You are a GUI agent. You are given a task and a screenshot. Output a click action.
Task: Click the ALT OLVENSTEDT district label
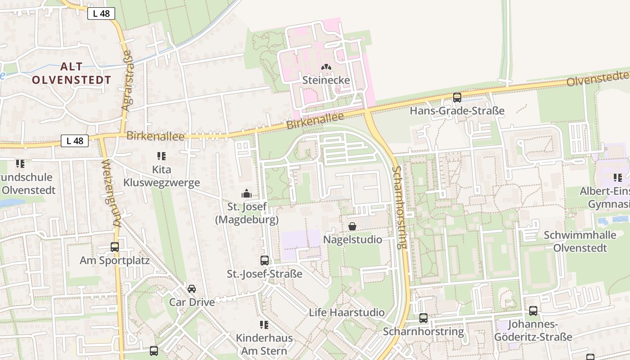click(72, 73)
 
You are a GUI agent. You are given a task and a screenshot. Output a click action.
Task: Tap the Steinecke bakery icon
click(326, 67)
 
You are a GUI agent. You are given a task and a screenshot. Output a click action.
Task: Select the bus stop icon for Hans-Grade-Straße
click(457, 98)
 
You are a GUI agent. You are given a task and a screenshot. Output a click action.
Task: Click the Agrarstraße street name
click(127, 80)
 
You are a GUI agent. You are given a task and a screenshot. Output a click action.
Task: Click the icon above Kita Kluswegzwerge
click(162, 156)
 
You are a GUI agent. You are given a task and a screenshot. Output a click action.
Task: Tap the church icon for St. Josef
click(247, 193)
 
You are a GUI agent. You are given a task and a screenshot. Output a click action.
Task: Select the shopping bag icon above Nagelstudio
click(352, 226)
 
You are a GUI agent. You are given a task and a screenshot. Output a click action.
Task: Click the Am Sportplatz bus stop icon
click(115, 247)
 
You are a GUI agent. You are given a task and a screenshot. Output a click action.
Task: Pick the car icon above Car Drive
click(192, 288)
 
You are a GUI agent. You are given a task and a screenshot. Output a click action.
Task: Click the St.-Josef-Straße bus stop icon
click(265, 261)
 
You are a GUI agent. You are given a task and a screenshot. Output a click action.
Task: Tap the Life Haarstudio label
click(346, 312)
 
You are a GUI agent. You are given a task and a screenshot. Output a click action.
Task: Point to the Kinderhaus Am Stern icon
click(264, 324)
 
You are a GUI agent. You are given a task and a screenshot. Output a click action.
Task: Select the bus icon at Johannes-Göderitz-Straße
click(533, 311)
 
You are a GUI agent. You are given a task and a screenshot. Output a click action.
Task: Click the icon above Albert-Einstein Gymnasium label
click(618, 178)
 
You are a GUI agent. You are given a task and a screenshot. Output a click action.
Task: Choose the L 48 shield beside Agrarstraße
click(101, 13)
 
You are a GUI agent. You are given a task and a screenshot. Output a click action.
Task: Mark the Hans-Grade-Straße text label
click(457, 111)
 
